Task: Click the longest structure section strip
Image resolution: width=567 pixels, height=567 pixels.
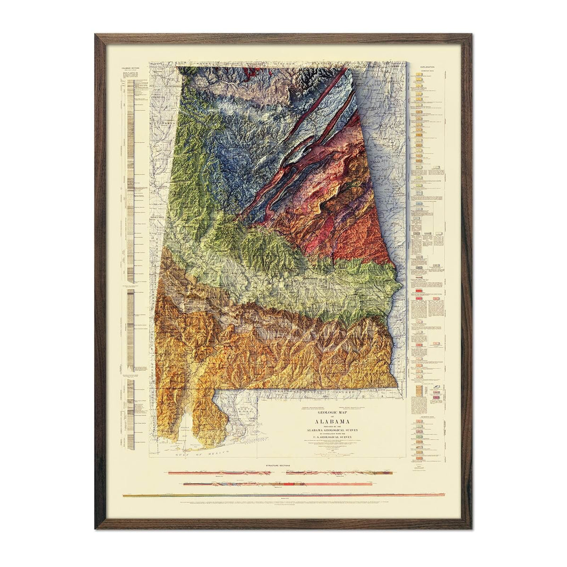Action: (283, 495)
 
